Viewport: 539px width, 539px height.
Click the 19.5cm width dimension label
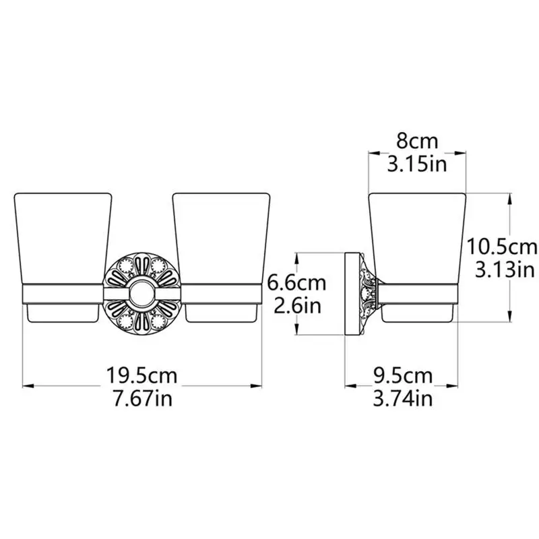tap(141, 376)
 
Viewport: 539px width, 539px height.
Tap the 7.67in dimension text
tap(142, 399)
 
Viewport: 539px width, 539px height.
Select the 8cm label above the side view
tap(417, 141)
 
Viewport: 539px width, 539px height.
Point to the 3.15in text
tap(417, 164)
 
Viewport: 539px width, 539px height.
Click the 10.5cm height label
tap(501, 247)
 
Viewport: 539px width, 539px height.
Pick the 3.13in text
tap(505, 270)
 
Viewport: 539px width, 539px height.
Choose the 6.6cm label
tap(296, 283)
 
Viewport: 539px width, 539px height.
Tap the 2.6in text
tap(297, 306)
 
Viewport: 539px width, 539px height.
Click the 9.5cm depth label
tap(403, 376)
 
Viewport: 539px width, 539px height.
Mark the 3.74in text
tap(403, 399)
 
